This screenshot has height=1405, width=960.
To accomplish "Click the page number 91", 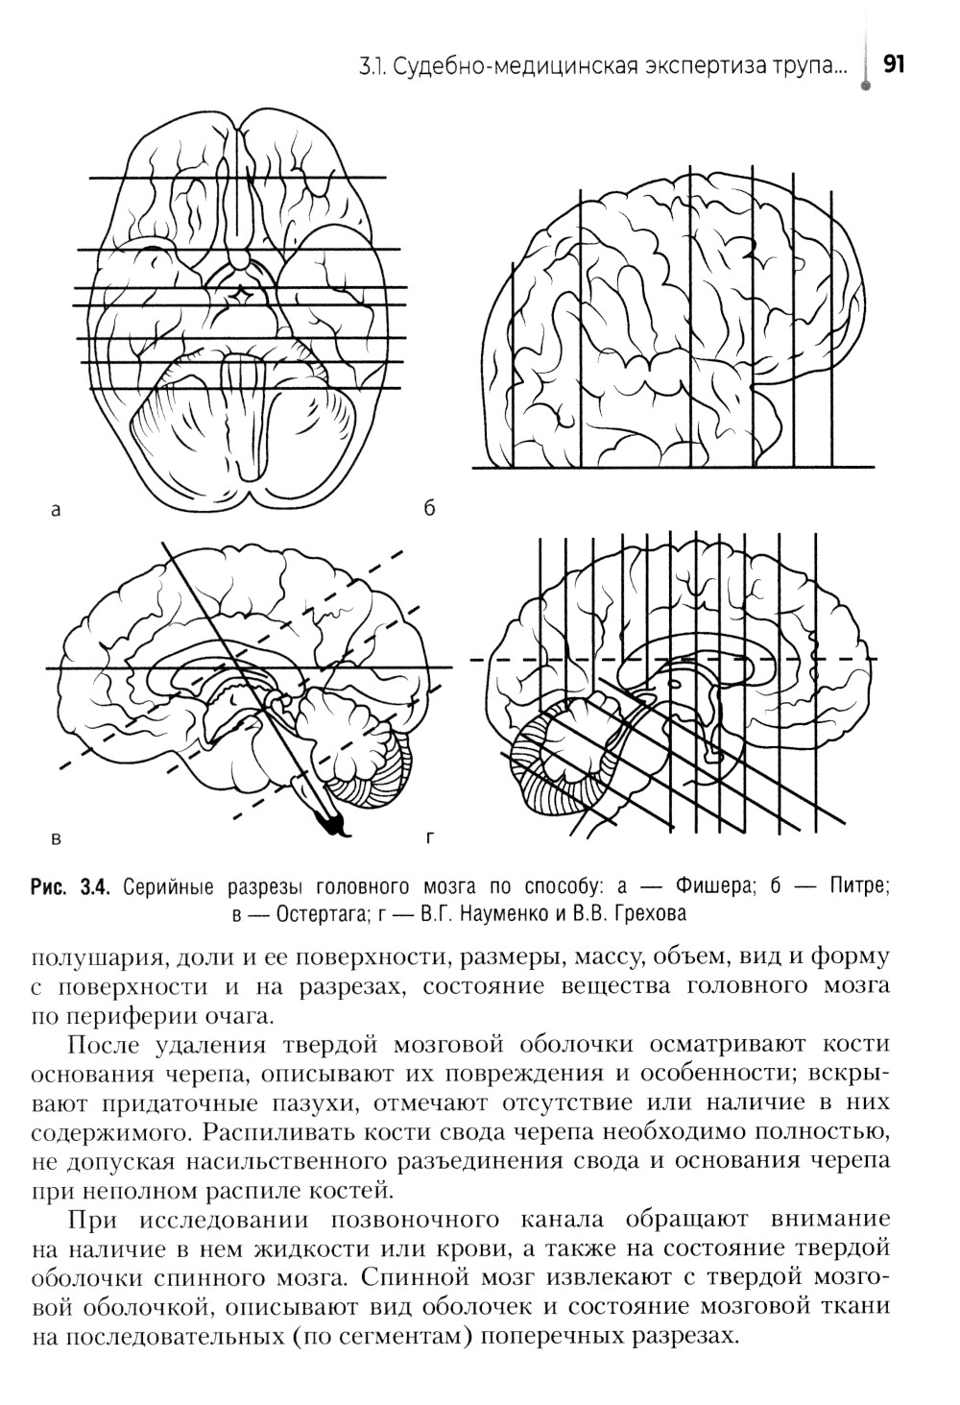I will pos(894,64).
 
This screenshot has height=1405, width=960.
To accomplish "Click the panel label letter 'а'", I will pos(56,510).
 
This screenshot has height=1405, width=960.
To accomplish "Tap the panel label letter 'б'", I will pos(429,509).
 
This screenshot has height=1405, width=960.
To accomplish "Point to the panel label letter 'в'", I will pos(56,838).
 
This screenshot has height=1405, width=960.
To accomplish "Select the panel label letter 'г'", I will pos(428,838).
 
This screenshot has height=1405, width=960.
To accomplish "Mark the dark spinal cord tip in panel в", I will pos(332,821).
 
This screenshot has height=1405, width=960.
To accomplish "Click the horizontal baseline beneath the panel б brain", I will pos(672,469).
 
